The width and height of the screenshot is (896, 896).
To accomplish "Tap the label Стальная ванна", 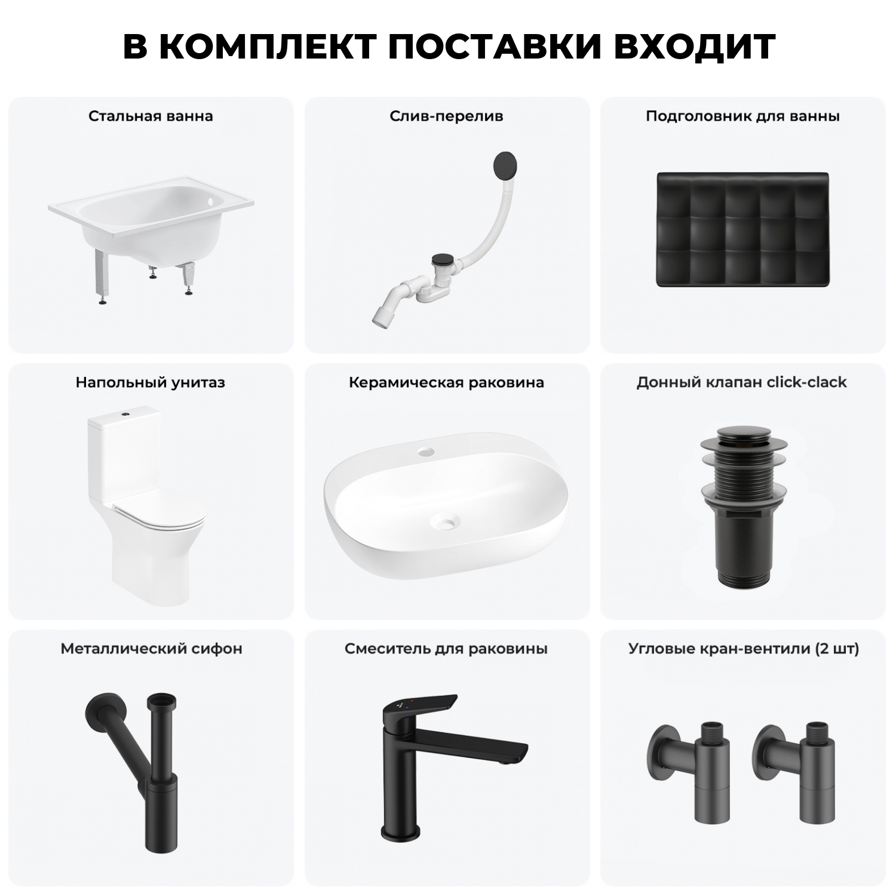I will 151,116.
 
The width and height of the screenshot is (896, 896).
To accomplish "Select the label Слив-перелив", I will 446,116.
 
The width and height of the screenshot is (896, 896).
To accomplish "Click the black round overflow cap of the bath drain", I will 506,164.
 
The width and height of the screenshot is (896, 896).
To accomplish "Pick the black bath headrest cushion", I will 743,230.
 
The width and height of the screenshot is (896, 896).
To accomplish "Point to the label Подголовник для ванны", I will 742,116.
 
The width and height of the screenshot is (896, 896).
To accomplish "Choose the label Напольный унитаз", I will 151,382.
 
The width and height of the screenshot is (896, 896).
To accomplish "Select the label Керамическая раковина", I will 446,382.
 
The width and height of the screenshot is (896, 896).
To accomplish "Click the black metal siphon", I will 149,765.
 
